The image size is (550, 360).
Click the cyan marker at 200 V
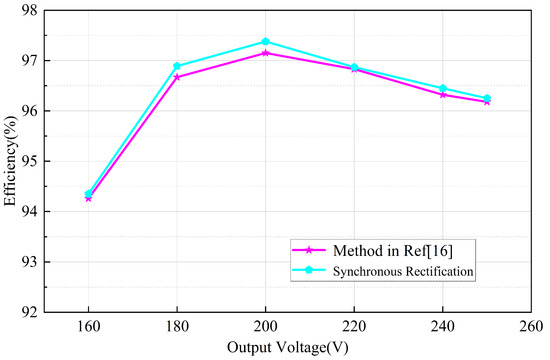click(265, 41)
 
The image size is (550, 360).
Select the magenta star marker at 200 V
click(265, 52)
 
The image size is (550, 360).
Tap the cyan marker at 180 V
click(177, 66)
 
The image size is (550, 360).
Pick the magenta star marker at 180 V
click(177, 77)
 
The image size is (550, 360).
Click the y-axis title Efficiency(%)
click(11, 160)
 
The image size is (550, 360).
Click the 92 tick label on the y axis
click(33, 312)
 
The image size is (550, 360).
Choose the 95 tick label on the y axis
click(33, 161)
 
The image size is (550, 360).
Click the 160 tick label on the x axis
click(88, 326)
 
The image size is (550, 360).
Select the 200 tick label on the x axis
click(265, 326)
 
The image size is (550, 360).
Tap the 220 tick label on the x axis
click(354, 326)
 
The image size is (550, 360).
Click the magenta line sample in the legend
click(308, 249)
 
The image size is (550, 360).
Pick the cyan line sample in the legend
click(308, 270)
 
